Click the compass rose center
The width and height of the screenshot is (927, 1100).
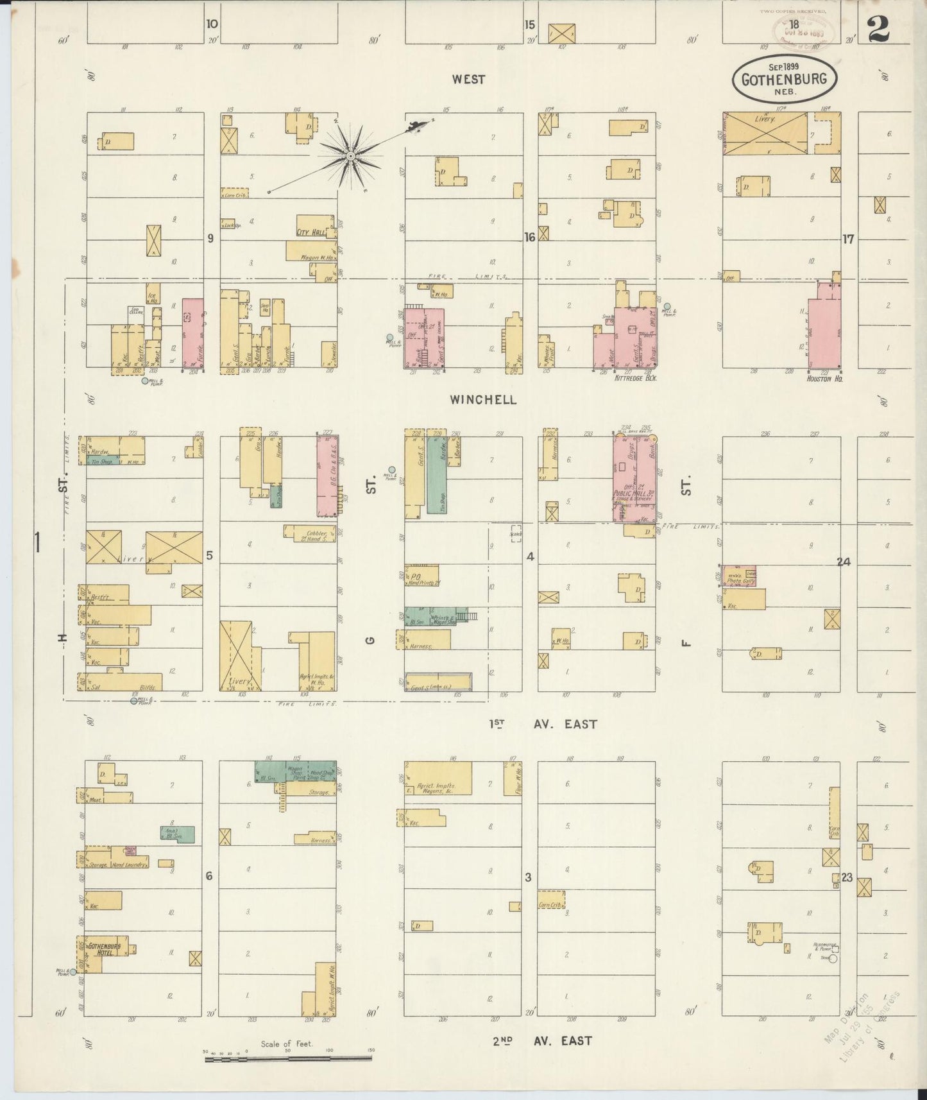tap(350, 156)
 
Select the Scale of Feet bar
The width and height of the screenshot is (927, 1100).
tap(287, 1058)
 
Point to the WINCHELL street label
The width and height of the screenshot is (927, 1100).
tap(483, 400)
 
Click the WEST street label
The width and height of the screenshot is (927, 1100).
tap(468, 80)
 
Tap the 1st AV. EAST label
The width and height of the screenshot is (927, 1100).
tap(543, 724)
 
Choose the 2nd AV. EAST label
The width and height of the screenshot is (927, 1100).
tap(542, 1040)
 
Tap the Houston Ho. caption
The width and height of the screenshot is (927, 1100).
tap(824, 379)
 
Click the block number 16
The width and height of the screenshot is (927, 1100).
tap(529, 238)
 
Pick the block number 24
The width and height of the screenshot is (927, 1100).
tap(843, 562)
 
